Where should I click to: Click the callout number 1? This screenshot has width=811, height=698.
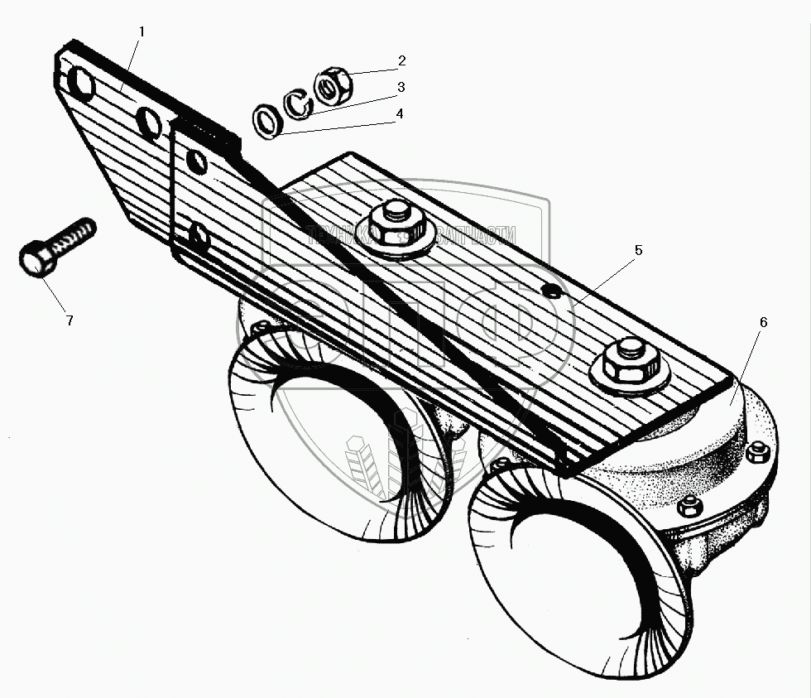pos(142,31)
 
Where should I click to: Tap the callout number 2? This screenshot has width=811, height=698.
pos(401,60)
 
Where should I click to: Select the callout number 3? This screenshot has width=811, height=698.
pos(401,86)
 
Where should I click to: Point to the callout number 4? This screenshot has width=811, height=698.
pos(400,113)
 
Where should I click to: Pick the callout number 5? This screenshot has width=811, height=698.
pos(638,248)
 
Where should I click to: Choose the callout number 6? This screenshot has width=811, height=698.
pos(762,321)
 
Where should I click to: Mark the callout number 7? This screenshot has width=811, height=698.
pos(69,320)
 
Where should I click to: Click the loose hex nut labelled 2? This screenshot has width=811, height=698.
pos(335,85)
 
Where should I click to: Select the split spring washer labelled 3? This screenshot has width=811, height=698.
pos(300,104)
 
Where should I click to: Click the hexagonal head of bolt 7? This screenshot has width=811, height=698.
pos(37,260)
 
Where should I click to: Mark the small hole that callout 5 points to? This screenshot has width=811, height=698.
pos(550,290)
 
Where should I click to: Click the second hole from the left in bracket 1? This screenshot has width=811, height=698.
pos(150,123)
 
